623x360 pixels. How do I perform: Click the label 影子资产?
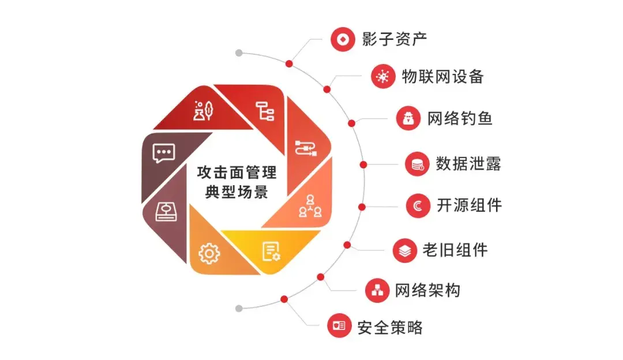(395, 39)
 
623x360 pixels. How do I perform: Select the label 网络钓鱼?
(460, 119)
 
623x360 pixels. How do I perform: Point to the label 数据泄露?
(468, 163)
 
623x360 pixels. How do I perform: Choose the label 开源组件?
(469, 205)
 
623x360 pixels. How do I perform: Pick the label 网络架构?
(427, 290)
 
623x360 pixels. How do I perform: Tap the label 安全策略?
(390, 328)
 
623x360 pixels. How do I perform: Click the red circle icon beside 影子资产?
(343, 39)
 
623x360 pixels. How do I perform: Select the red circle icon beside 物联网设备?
(382, 76)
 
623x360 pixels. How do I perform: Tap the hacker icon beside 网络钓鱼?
(408, 119)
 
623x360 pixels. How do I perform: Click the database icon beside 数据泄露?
(416, 164)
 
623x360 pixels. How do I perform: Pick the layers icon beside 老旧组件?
(405, 250)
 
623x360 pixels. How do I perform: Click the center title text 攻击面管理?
(237, 172)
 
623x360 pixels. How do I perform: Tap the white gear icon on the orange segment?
(209, 253)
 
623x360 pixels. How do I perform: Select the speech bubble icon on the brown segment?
(163, 152)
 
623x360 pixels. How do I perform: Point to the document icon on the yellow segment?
(271, 251)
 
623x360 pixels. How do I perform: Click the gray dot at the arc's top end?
(239, 53)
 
